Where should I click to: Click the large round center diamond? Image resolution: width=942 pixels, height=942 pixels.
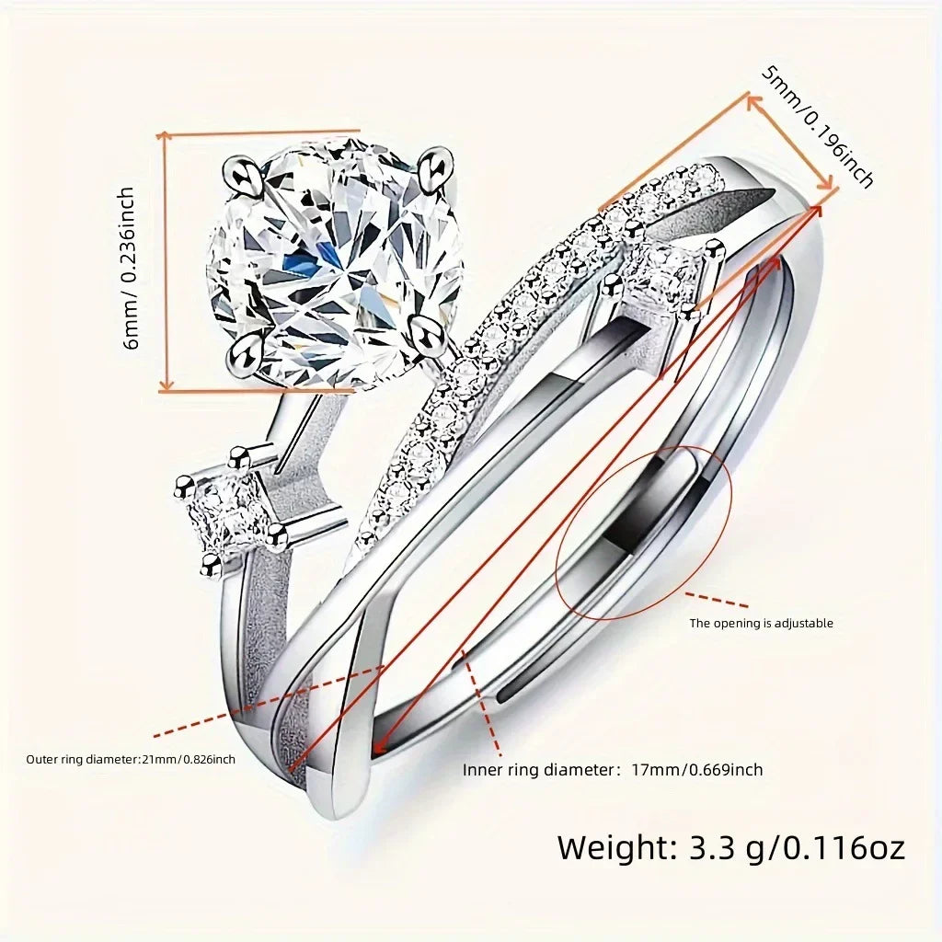point(336,262)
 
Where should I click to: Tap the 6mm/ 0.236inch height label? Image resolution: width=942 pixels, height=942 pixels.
point(129,267)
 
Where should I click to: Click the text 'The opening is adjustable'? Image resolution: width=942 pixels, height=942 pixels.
point(761,623)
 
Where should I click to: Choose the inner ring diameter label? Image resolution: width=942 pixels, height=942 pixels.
point(613,770)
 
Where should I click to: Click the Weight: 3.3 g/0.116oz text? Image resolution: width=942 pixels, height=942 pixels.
point(730,846)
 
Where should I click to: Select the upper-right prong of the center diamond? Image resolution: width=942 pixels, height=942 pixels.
point(433,166)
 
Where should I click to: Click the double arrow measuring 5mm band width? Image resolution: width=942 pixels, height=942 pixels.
point(793,144)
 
